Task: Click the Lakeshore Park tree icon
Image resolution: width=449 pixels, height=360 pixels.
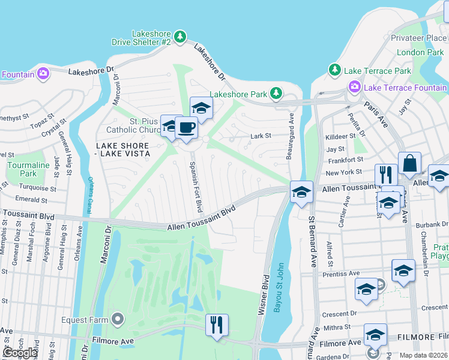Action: pyautogui.click(x=276, y=94)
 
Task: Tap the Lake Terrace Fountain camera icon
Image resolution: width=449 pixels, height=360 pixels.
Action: pyautogui.click(x=354, y=88)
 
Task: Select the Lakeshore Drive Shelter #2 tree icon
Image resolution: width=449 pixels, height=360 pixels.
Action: pyautogui.click(x=180, y=38)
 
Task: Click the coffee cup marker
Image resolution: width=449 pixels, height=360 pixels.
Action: pyautogui.click(x=186, y=128)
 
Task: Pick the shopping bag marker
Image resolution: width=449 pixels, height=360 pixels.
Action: pyautogui.click(x=409, y=163)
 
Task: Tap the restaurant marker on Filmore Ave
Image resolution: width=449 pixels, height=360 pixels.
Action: pyautogui.click(x=217, y=325)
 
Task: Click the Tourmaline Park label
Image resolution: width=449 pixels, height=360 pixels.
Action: pyautogui.click(x=28, y=169)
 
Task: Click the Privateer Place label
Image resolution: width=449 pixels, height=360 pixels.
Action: pyautogui.click(x=419, y=38)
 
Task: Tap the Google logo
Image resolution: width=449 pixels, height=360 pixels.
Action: pyautogui.click(x=19, y=353)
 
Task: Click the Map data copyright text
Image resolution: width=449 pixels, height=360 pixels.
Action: pyautogui.click(x=423, y=355)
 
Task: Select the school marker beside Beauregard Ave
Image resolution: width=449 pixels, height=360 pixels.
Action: pyautogui.click(x=302, y=192)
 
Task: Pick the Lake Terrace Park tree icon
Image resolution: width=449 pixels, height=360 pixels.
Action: pyautogui.click(x=335, y=71)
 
